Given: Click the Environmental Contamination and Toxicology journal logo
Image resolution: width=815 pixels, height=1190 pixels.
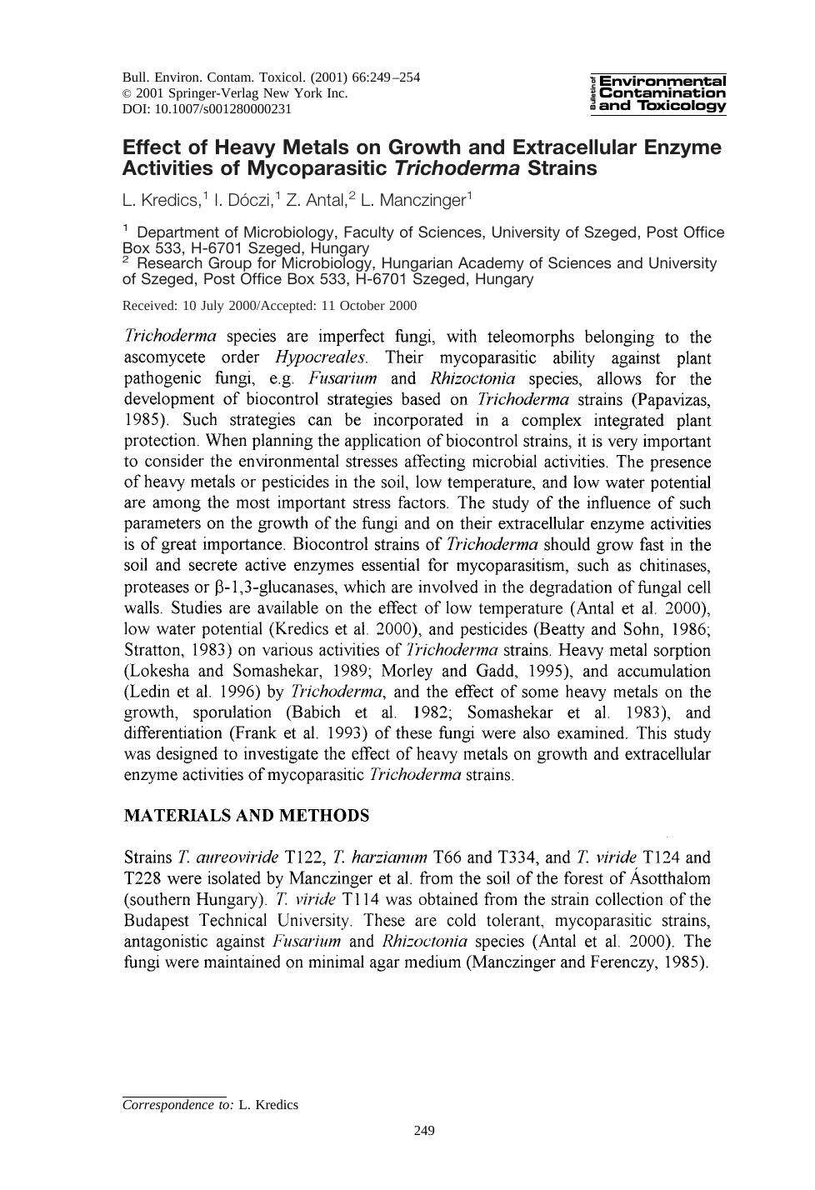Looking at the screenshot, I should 657,93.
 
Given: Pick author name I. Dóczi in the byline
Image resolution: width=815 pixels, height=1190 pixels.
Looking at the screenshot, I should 244,200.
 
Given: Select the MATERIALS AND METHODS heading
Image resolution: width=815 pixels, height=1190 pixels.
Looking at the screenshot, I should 246,816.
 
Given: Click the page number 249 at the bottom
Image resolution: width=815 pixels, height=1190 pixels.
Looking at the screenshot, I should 424,1131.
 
